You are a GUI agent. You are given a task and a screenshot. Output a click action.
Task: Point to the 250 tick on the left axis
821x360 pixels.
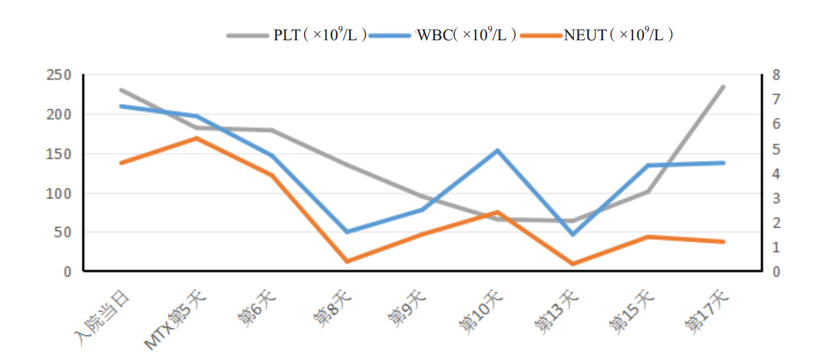pos(59,75)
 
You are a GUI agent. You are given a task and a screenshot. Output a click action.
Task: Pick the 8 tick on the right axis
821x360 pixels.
pos(776,75)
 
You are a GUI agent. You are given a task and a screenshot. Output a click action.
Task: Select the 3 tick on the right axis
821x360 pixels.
pos(776,198)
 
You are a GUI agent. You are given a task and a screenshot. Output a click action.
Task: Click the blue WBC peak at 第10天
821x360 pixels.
pos(497,150)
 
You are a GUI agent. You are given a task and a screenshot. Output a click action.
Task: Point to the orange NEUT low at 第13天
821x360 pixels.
pos(573,264)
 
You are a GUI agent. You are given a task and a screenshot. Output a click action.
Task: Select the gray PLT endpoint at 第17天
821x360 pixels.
pos(723,87)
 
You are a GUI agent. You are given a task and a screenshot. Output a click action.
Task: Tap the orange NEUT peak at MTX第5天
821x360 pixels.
pos(197,138)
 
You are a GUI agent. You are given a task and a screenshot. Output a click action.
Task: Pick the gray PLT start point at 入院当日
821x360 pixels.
pos(121,90)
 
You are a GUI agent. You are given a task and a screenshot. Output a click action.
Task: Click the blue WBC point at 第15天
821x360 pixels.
pos(648,165)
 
